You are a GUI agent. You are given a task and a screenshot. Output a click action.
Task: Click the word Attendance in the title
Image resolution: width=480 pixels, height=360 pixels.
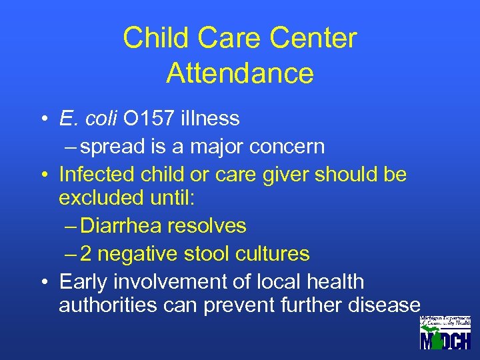pyautogui.click(x=240, y=73)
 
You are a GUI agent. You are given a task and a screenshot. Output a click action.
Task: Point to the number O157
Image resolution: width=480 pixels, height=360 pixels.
pyautogui.click(x=147, y=119)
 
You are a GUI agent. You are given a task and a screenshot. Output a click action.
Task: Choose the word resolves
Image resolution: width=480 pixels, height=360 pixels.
pyautogui.click(x=207, y=226)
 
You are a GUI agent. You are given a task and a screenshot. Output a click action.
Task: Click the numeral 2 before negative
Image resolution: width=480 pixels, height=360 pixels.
pyautogui.click(x=88, y=253)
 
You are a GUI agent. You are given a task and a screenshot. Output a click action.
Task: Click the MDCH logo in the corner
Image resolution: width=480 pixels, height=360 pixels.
pyautogui.click(x=445, y=333)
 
